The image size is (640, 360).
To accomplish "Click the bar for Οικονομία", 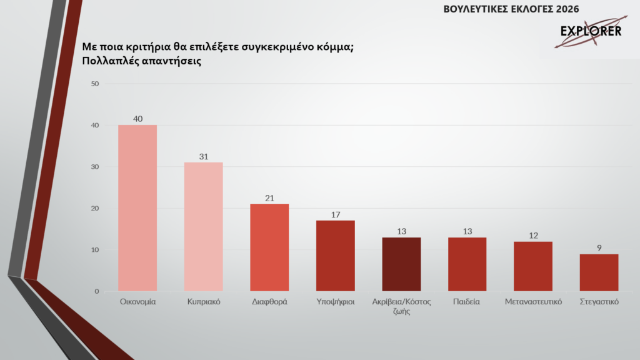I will click(x=137, y=208).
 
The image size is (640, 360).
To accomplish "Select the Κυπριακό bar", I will click(x=203, y=227).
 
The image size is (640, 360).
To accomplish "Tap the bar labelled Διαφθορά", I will click(x=269, y=247).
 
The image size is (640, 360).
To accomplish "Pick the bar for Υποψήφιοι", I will click(x=336, y=256).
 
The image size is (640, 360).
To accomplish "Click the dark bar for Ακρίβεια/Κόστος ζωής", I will click(x=401, y=264).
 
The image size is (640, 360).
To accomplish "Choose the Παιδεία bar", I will click(x=467, y=264).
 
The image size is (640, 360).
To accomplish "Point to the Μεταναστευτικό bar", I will click(x=533, y=266).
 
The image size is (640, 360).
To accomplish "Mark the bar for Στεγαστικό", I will click(x=599, y=272).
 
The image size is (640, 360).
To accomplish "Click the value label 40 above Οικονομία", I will click(x=137, y=119).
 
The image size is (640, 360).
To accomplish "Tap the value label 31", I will click(x=203, y=156).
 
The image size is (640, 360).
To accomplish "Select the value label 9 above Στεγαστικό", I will click(x=599, y=247).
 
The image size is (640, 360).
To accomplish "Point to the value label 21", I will click(x=269, y=197).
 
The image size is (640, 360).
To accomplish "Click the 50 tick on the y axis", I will click(x=95, y=84).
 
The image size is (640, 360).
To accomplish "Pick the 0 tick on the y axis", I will click(x=97, y=291).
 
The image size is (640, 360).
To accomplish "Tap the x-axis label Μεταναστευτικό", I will click(x=533, y=302).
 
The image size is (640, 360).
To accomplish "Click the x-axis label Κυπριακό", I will click(x=203, y=302).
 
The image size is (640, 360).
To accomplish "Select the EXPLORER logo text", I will click(x=590, y=31).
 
